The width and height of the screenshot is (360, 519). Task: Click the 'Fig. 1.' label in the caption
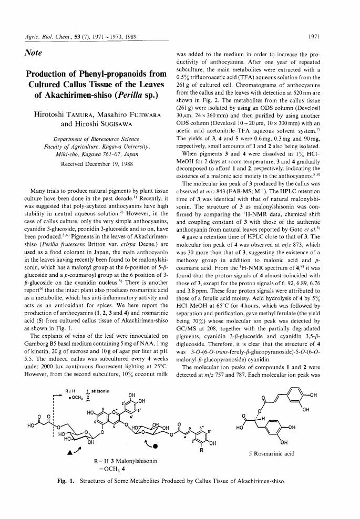(68, 480)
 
